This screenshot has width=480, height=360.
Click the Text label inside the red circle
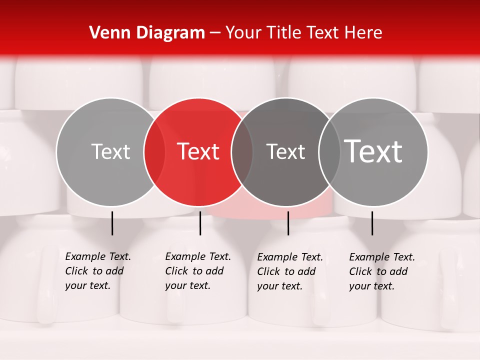click(198, 151)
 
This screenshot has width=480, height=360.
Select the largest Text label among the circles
click(373, 151)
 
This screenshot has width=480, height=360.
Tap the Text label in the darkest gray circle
click(285, 151)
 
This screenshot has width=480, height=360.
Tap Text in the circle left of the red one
click(110, 151)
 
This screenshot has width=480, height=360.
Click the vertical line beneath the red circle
click(200, 223)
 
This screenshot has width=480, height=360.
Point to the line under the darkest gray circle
click(288, 223)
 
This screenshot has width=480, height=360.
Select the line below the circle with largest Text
click(372, 223)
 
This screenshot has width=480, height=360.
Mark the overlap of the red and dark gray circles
click(242, 152)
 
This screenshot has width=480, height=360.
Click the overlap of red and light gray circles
click(154, 152)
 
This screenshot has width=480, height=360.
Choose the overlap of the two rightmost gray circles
click(329, 152)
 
